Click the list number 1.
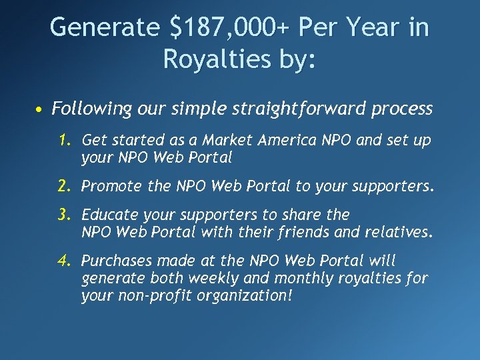coord(65,140)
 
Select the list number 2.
coord(65,187)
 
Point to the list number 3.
coord(65,215)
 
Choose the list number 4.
coord(65,261)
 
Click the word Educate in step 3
coord(109,215)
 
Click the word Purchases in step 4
coord(115,261)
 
